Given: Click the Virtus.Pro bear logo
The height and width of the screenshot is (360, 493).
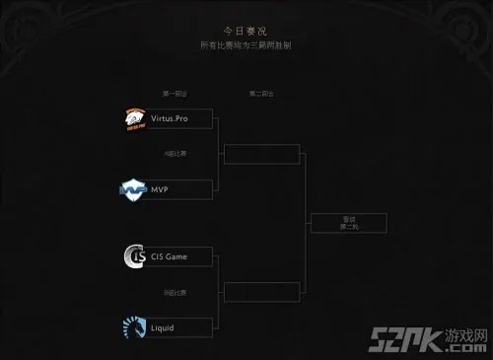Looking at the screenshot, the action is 134,118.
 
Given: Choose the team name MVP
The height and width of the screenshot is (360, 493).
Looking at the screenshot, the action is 163,188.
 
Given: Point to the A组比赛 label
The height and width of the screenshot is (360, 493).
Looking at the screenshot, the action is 175,154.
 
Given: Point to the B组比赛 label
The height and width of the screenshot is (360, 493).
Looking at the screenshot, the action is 175,292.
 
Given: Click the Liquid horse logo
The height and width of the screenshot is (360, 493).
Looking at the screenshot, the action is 133,326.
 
